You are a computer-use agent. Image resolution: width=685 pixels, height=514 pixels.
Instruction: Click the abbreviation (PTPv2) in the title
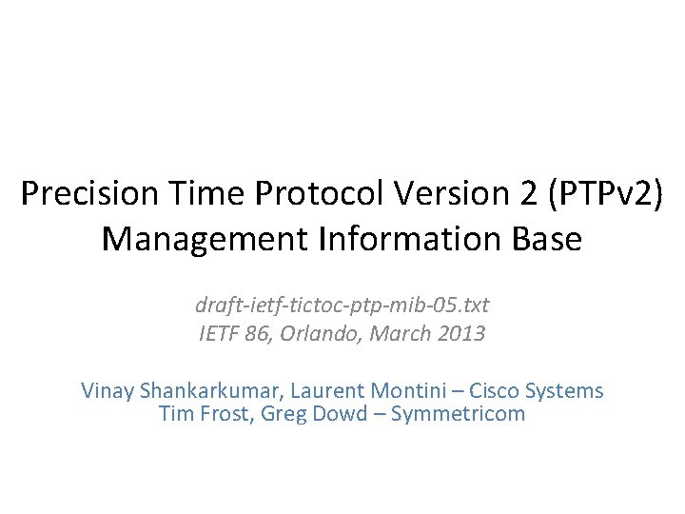coord(592,194)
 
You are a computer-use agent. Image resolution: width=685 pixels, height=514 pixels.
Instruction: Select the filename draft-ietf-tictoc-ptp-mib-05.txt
coord(342,306)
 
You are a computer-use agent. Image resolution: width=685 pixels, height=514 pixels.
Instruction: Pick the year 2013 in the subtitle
coord(463,334)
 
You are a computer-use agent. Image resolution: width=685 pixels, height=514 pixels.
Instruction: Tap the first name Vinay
coord(108,391)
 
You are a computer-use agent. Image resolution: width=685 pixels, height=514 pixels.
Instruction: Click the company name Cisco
coord(496,391)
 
